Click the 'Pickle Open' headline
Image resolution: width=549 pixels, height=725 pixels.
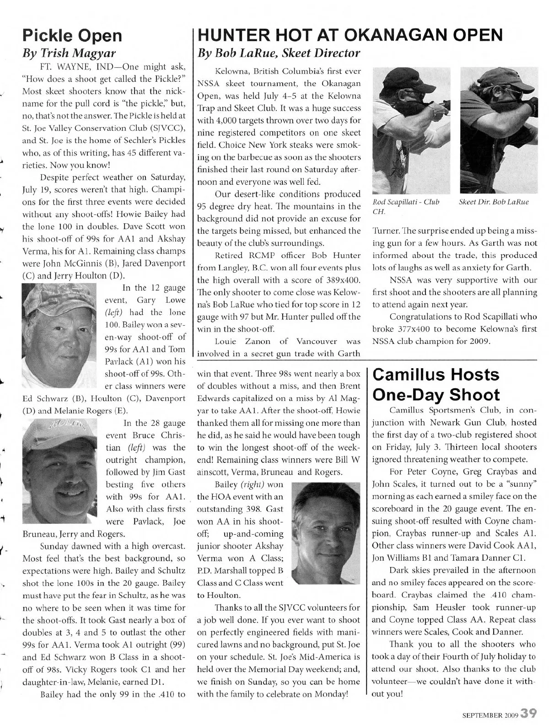72,35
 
